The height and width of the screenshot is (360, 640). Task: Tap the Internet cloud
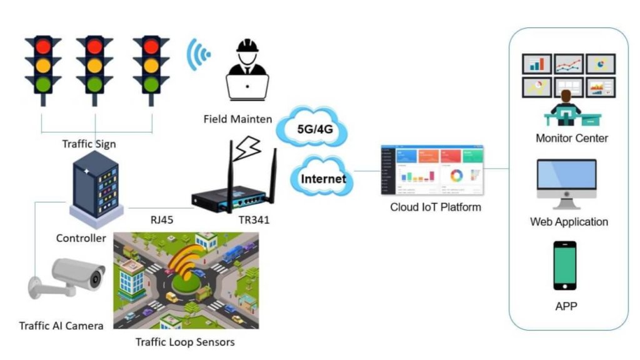tap(322, 179)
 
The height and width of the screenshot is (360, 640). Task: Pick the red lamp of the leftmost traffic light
tap(42, 47)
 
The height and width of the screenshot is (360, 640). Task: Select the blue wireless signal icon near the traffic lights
tap(199, 55)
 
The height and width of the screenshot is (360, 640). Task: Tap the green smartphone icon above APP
tap(565, 265)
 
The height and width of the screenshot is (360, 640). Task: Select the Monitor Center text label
tap(571, 138)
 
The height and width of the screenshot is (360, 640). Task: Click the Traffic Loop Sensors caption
tap(185, 342)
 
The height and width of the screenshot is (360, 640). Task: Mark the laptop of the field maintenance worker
tap(247, 87)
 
